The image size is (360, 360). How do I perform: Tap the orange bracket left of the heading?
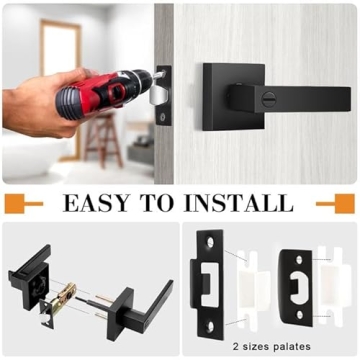point(26,204)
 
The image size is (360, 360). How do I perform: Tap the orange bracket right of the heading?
point(334,204)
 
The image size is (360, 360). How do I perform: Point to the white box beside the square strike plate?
point(246,290)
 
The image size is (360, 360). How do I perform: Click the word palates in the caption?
point(320,344)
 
